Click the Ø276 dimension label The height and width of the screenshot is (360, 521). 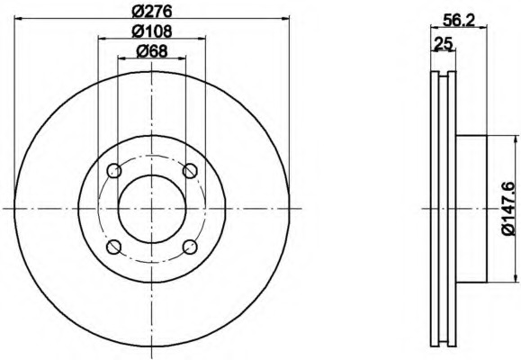click(152, 12)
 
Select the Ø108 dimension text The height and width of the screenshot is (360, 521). click(152, 31)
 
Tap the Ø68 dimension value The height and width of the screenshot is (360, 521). click(152, 51)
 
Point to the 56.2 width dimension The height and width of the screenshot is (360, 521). click(459, 21)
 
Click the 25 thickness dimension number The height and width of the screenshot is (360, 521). click(444, 43)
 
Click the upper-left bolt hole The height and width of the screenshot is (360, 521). click(114, 171)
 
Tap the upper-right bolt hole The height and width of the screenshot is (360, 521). click(190, 171)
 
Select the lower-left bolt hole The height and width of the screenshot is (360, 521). click(114, 247)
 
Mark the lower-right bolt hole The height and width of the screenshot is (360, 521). click(190, 247)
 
